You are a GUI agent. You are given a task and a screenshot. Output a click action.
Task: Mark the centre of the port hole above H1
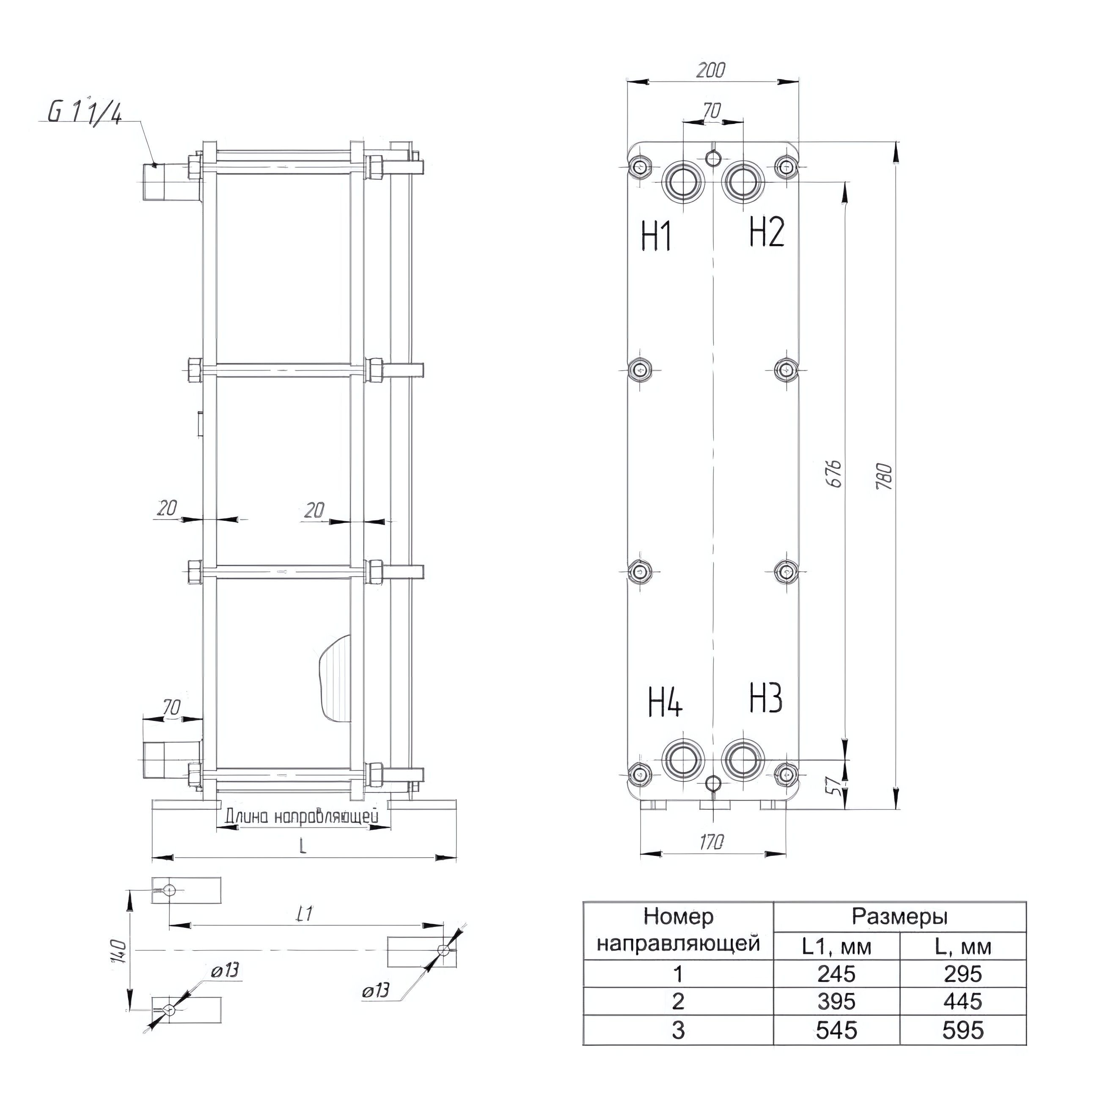[x=683, y=183]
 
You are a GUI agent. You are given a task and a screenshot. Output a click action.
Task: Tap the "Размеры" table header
[x=899, y=917]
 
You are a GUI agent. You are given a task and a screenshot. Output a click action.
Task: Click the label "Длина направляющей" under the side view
[x=302, y=816]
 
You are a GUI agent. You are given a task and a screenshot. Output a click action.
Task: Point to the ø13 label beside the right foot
[x=375, y=990]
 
